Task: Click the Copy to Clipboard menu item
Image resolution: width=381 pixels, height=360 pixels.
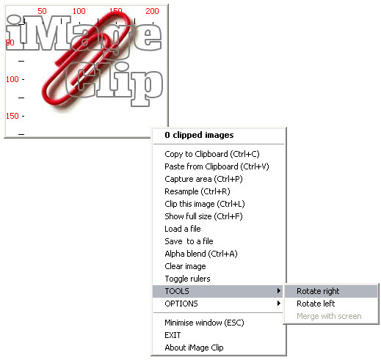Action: tap(212, 154)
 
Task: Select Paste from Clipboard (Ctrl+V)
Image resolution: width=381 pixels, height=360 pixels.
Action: tap(217, 166)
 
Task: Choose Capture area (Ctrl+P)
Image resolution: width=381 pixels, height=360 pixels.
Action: tap(203, 179)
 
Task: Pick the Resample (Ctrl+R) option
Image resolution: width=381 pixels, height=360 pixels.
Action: tap(197, 191)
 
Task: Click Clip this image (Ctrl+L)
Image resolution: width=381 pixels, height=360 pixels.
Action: tap(205, 204)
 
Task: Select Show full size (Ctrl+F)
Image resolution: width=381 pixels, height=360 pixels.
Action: tap(203, 216)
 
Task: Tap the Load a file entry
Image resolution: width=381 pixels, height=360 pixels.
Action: tap(183, 229)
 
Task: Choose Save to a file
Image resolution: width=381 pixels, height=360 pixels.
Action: tap(189, 241)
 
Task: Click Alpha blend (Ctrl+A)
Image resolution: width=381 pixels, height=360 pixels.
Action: tap(201, 254)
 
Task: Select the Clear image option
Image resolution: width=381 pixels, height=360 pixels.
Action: tap(185, 266)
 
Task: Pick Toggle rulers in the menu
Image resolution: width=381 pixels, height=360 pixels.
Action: tap(187, 279)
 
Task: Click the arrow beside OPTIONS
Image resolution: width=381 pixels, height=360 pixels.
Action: tap(279, 304)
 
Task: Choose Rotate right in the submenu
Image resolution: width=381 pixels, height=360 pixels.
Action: tap(318, 291)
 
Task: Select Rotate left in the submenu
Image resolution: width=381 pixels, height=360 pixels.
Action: tap(316, 304)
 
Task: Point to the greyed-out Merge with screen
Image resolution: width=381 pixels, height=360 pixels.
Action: tap(329, 316)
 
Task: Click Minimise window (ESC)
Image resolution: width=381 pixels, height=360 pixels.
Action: tap(204, 323)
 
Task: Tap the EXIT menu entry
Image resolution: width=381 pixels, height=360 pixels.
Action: tap(173, 335)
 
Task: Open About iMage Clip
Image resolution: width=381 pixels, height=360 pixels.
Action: tap(194, 348)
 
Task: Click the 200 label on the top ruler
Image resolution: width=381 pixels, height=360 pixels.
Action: tap(152, 11)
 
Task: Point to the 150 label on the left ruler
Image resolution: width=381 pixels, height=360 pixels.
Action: tap(12, 116)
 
